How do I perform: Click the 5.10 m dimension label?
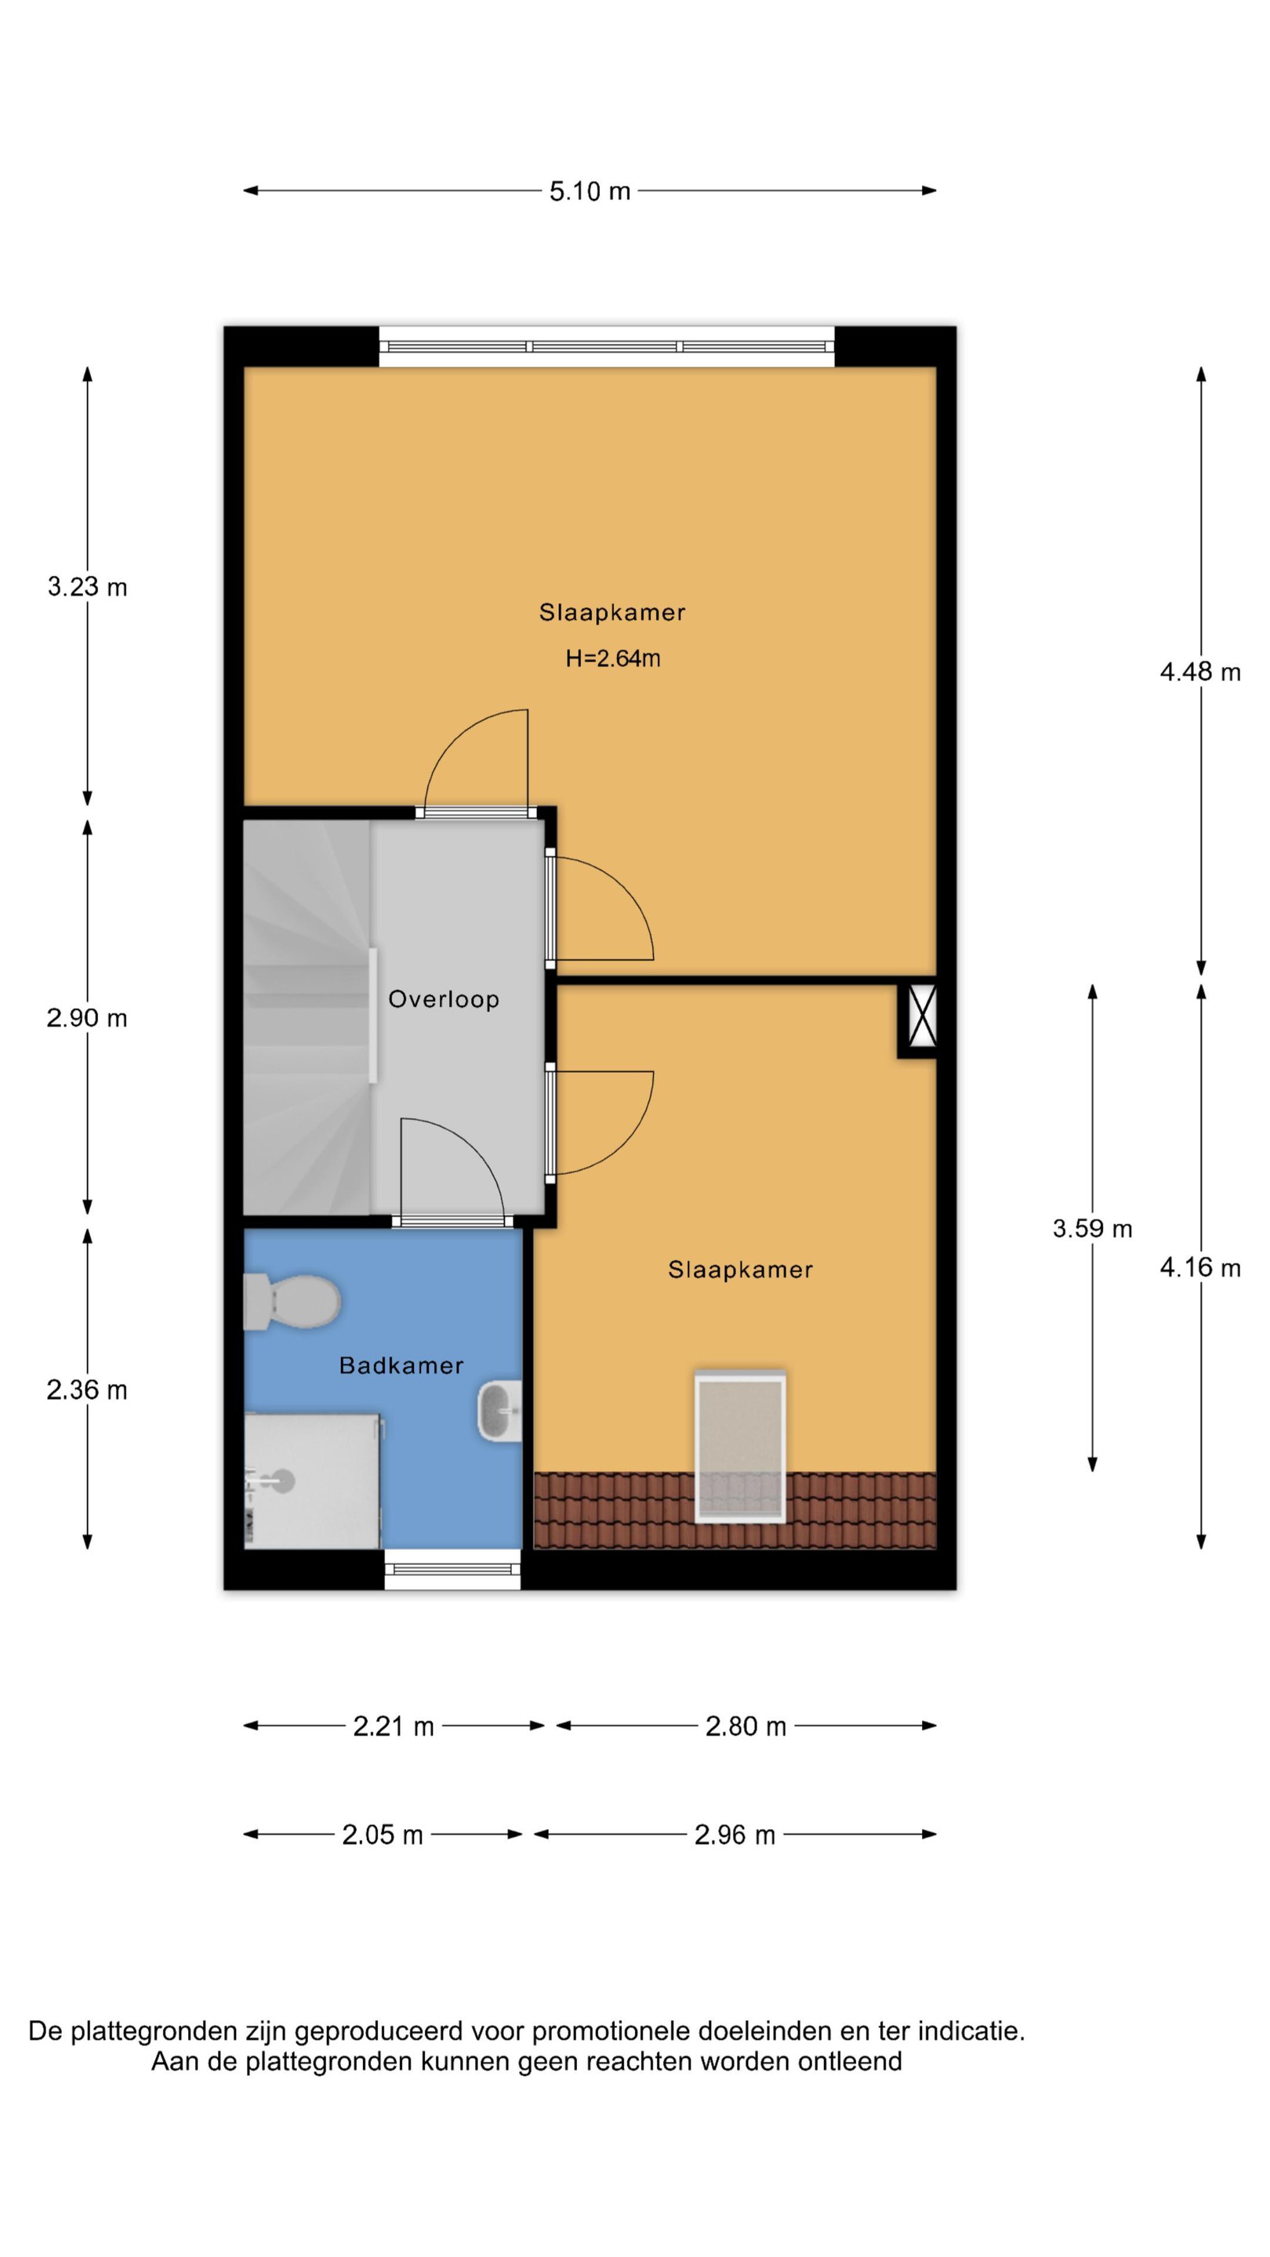(x=590, y=191)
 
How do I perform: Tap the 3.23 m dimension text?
(x=88, y=586)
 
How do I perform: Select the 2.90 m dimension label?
(x=87, y=1018)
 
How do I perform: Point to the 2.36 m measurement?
(x=87, y=1389)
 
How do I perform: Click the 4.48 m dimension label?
(x=1200, y=672)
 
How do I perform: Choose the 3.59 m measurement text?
(x=1092, y=1228)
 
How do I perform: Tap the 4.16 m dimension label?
(x=1200, y=1267)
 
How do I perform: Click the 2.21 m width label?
(x=394, y=1726)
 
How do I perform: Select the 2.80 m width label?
(x=746, y=1726)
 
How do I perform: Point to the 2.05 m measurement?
(x=382, y=1835)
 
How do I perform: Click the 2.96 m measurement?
(x=735, y=1835)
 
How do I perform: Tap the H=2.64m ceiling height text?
(x=612, y=658)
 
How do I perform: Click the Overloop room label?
(x=444, y=999)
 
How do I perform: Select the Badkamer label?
(x=401, y=1365)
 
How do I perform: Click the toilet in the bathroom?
(x=292, y=1301)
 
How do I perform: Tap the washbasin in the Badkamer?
(x=499, y=1411)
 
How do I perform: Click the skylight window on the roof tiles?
(x=740, y=1447)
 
